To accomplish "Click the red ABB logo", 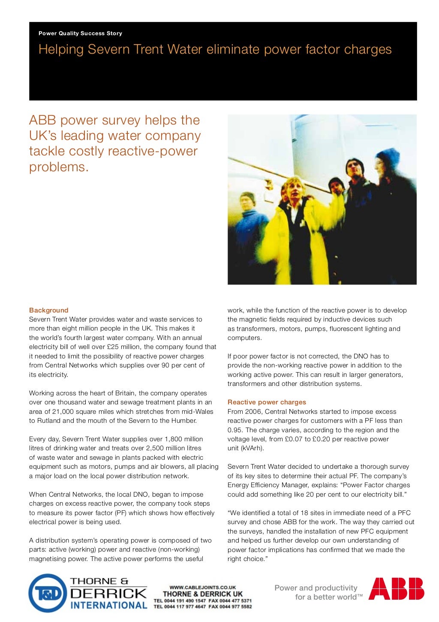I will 396,589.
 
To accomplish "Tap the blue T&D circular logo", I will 48,593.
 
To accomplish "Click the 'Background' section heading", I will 48,310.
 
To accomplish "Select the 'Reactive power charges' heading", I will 267,402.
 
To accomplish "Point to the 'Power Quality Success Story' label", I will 80,33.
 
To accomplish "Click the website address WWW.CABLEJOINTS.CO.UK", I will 203,587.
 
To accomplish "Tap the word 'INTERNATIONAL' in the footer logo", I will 108,605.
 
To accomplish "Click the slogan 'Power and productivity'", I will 316,588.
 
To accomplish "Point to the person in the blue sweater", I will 250,223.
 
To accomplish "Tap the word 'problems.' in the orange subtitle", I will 59,167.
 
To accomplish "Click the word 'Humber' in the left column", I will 184,421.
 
